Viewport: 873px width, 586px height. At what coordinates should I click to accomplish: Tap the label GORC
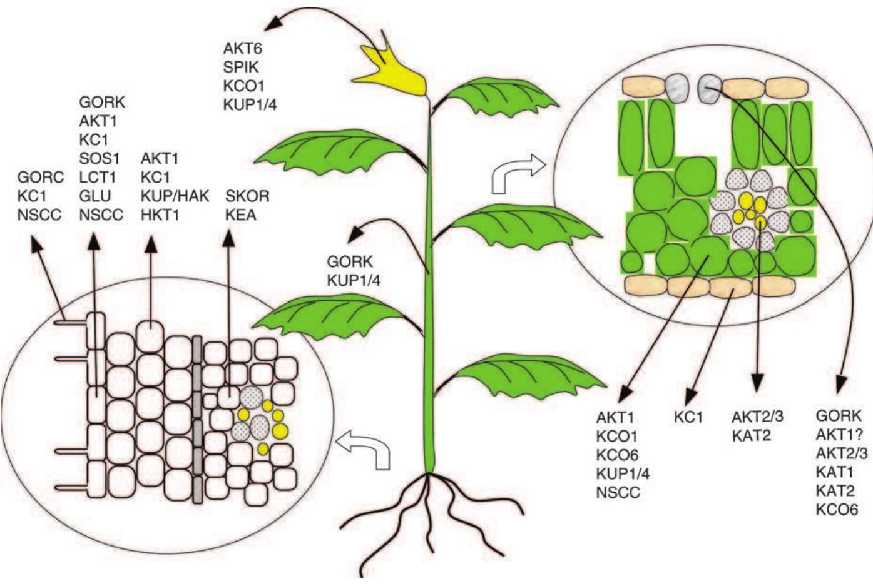click(41, 177)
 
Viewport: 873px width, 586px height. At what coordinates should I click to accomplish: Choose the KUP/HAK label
click(175, 196)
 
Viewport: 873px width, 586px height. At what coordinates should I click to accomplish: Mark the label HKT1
click(160, 215)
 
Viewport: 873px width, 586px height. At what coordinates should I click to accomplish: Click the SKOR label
click(247, 196)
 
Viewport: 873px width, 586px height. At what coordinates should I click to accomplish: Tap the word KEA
click(240, 215)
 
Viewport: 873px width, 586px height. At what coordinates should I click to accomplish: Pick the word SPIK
click(241, 66)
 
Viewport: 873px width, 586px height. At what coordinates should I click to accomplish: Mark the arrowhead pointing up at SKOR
click(228, 238)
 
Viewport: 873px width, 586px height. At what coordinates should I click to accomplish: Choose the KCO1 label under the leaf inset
click(616, 436)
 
